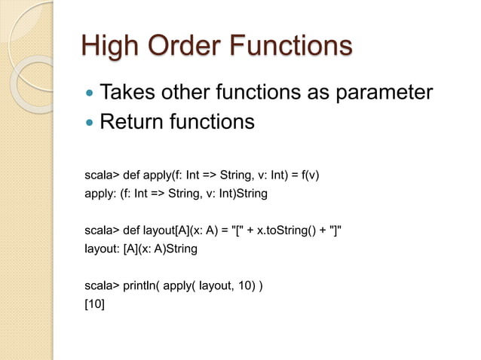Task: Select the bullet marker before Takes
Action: pos(90,94)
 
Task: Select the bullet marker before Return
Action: pos(90,121)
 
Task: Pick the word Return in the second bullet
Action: pos(133,121)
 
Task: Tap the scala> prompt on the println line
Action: pos(102,286)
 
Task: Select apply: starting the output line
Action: pos(100,194)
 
